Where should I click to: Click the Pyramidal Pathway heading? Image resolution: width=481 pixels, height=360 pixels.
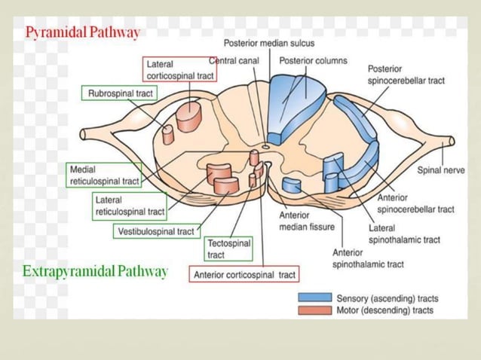click(x=83, y=32)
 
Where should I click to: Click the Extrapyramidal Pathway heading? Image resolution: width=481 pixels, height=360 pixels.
click(x=95, y=271)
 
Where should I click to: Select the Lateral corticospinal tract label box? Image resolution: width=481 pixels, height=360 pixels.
click(x=180, y=70)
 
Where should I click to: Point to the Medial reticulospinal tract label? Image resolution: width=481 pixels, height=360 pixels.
click(x=104, y=175)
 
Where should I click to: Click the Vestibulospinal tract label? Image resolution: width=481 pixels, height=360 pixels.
click(x=155, y=231)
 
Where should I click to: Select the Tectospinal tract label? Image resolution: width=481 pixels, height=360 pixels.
click(x=228, y=249)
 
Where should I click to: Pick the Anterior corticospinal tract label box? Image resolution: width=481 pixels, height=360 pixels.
click(x=244, y=275)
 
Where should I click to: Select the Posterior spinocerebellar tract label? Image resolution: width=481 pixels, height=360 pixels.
click(x=405, y=75)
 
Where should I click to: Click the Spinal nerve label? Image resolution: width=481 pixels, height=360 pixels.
click(x=441, y=170)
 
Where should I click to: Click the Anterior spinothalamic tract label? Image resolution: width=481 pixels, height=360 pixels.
click(x=367, y=258)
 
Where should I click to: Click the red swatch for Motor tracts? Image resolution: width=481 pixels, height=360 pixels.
click(x=314, y=310)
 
